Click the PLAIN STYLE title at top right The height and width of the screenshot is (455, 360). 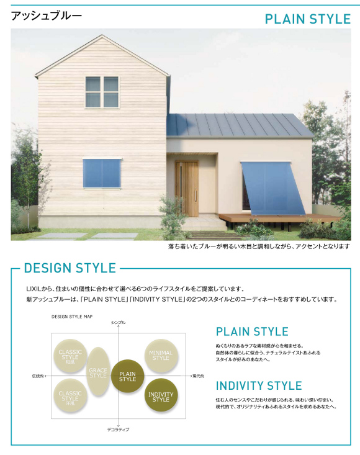pyautogui.click(x=308, y=19)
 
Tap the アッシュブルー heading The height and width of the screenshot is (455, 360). pyautogui.click(x=47, y=16)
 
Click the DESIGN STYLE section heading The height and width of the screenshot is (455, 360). pyautogui.click(x=70, y=268)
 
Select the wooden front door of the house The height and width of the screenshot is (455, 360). pyautogui.click(x=187, y=189)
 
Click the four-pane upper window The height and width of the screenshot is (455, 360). pyautogui.click(x=102, y=92)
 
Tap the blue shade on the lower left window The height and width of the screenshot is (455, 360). pyautogui.click(x=102, y=174)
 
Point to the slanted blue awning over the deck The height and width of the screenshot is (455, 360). pyautogui.click(x=273, y=189)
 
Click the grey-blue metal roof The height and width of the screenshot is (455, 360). pyautogui.click(x=240, y=125)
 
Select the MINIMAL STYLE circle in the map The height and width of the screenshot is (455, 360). pyautogui.click(x=161, y=356)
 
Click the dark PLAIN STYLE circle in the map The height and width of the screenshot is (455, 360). pyautogui.click(x=128, y=376)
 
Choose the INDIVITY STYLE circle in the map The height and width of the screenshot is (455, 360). pyautogui.click(x=161, y=395)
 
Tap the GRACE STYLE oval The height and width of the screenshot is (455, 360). pyautogui.click(x=98, y=372)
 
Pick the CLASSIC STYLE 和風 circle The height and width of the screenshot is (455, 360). pyautogui.click(x=70, y=356)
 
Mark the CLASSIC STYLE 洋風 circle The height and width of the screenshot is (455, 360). pyautogui.click(x=70, y=395)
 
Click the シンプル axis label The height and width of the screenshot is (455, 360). pyautogui.click(x=119, y=322)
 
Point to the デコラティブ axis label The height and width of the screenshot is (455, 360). pyautogui.click(x=119, y=430)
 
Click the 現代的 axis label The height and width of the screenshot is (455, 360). pyautogui.click(x=199, y=376)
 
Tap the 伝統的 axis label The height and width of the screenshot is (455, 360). pyautogui.click(x=38, y=376)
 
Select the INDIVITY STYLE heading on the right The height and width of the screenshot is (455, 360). pyautogui.click(x=259, y=385)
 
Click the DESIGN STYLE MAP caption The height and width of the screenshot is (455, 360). pyautogui.click(x=72, y=317)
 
